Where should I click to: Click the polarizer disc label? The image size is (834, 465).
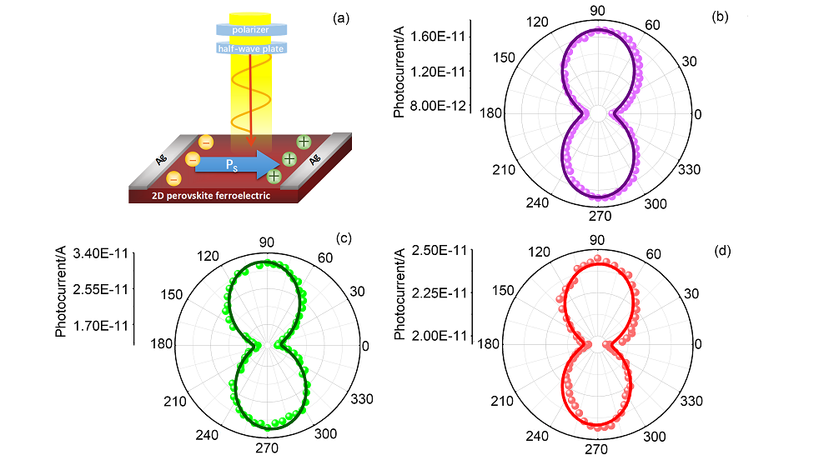tap(250, 30)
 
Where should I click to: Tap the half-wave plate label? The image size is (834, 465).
tap(250, 48)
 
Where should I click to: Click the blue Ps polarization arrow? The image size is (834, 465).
tap(234, 164)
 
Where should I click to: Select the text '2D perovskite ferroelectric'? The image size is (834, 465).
tap(211, 196)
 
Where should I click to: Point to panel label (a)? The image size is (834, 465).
tap(341, 18)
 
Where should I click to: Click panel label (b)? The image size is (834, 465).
tap(720, 17)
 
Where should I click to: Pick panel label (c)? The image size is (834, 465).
tap(344, 237)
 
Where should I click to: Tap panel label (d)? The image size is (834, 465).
tap(722, 250)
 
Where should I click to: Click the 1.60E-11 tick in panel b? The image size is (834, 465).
tap(438, 37)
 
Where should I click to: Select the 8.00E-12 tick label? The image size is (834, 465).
tap(438, 106)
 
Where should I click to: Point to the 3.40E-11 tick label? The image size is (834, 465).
tap(101, 253)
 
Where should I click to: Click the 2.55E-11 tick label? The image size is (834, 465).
tap(101, 290)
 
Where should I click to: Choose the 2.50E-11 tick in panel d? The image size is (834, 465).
tap(440, 250)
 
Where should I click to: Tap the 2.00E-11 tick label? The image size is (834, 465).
tap(440, 336)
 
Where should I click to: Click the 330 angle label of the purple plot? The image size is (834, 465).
tap(690, 169)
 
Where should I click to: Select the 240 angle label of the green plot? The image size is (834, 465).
tap(207, 435)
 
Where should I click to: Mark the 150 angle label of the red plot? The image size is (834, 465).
tap(503, 291)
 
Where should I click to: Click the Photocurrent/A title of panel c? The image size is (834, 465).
tap(61, 291)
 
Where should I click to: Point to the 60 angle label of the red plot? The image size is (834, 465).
tap(654, 254)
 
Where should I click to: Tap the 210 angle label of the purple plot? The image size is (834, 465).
tap(504, 170)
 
